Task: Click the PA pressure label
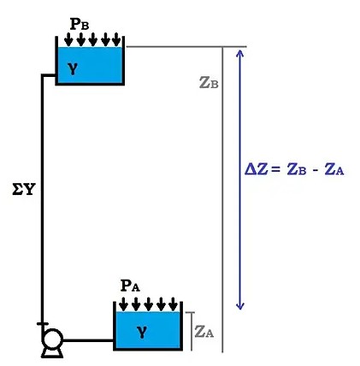tap(130, 286)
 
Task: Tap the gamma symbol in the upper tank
tap(74, 69)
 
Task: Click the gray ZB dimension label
tap(207, 83)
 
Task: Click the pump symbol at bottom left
tap(49, 343)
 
